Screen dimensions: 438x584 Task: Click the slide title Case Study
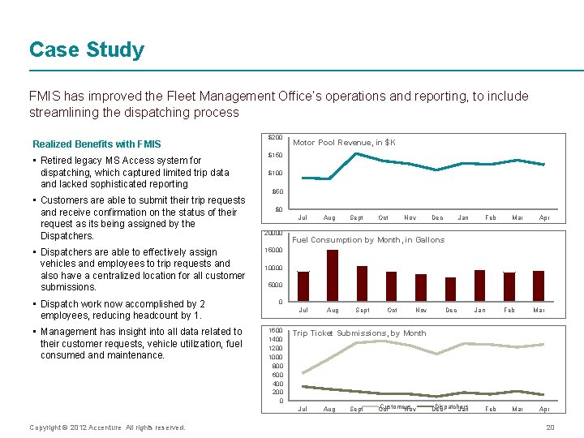[87, 50]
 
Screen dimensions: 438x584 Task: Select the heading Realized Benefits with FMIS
[97, 144]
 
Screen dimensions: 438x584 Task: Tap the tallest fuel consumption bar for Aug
[332, 276]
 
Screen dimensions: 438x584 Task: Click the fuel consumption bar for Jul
[303, 286]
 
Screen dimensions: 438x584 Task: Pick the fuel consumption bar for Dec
[450, 290]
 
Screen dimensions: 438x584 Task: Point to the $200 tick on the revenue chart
[276, 137]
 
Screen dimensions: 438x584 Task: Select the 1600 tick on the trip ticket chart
[275, 331]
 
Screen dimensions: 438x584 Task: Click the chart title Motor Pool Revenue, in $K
[344, 143]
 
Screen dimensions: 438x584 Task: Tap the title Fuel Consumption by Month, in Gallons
[368, 240]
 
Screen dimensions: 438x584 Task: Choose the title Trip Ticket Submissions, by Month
[359, 333]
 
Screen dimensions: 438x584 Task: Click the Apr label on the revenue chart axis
[544, 218]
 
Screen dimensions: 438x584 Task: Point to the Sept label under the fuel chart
[363, 311]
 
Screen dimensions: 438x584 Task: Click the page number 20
[550, 427]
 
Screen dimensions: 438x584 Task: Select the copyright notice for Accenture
[107, 427]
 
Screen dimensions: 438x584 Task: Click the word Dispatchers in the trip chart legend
[453, 407]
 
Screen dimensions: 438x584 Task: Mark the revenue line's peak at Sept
[357, 153]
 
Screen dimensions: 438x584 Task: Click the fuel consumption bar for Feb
[509, 286]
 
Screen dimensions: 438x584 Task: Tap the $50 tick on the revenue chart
[277, 192]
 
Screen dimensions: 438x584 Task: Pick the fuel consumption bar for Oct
[392, 286]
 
